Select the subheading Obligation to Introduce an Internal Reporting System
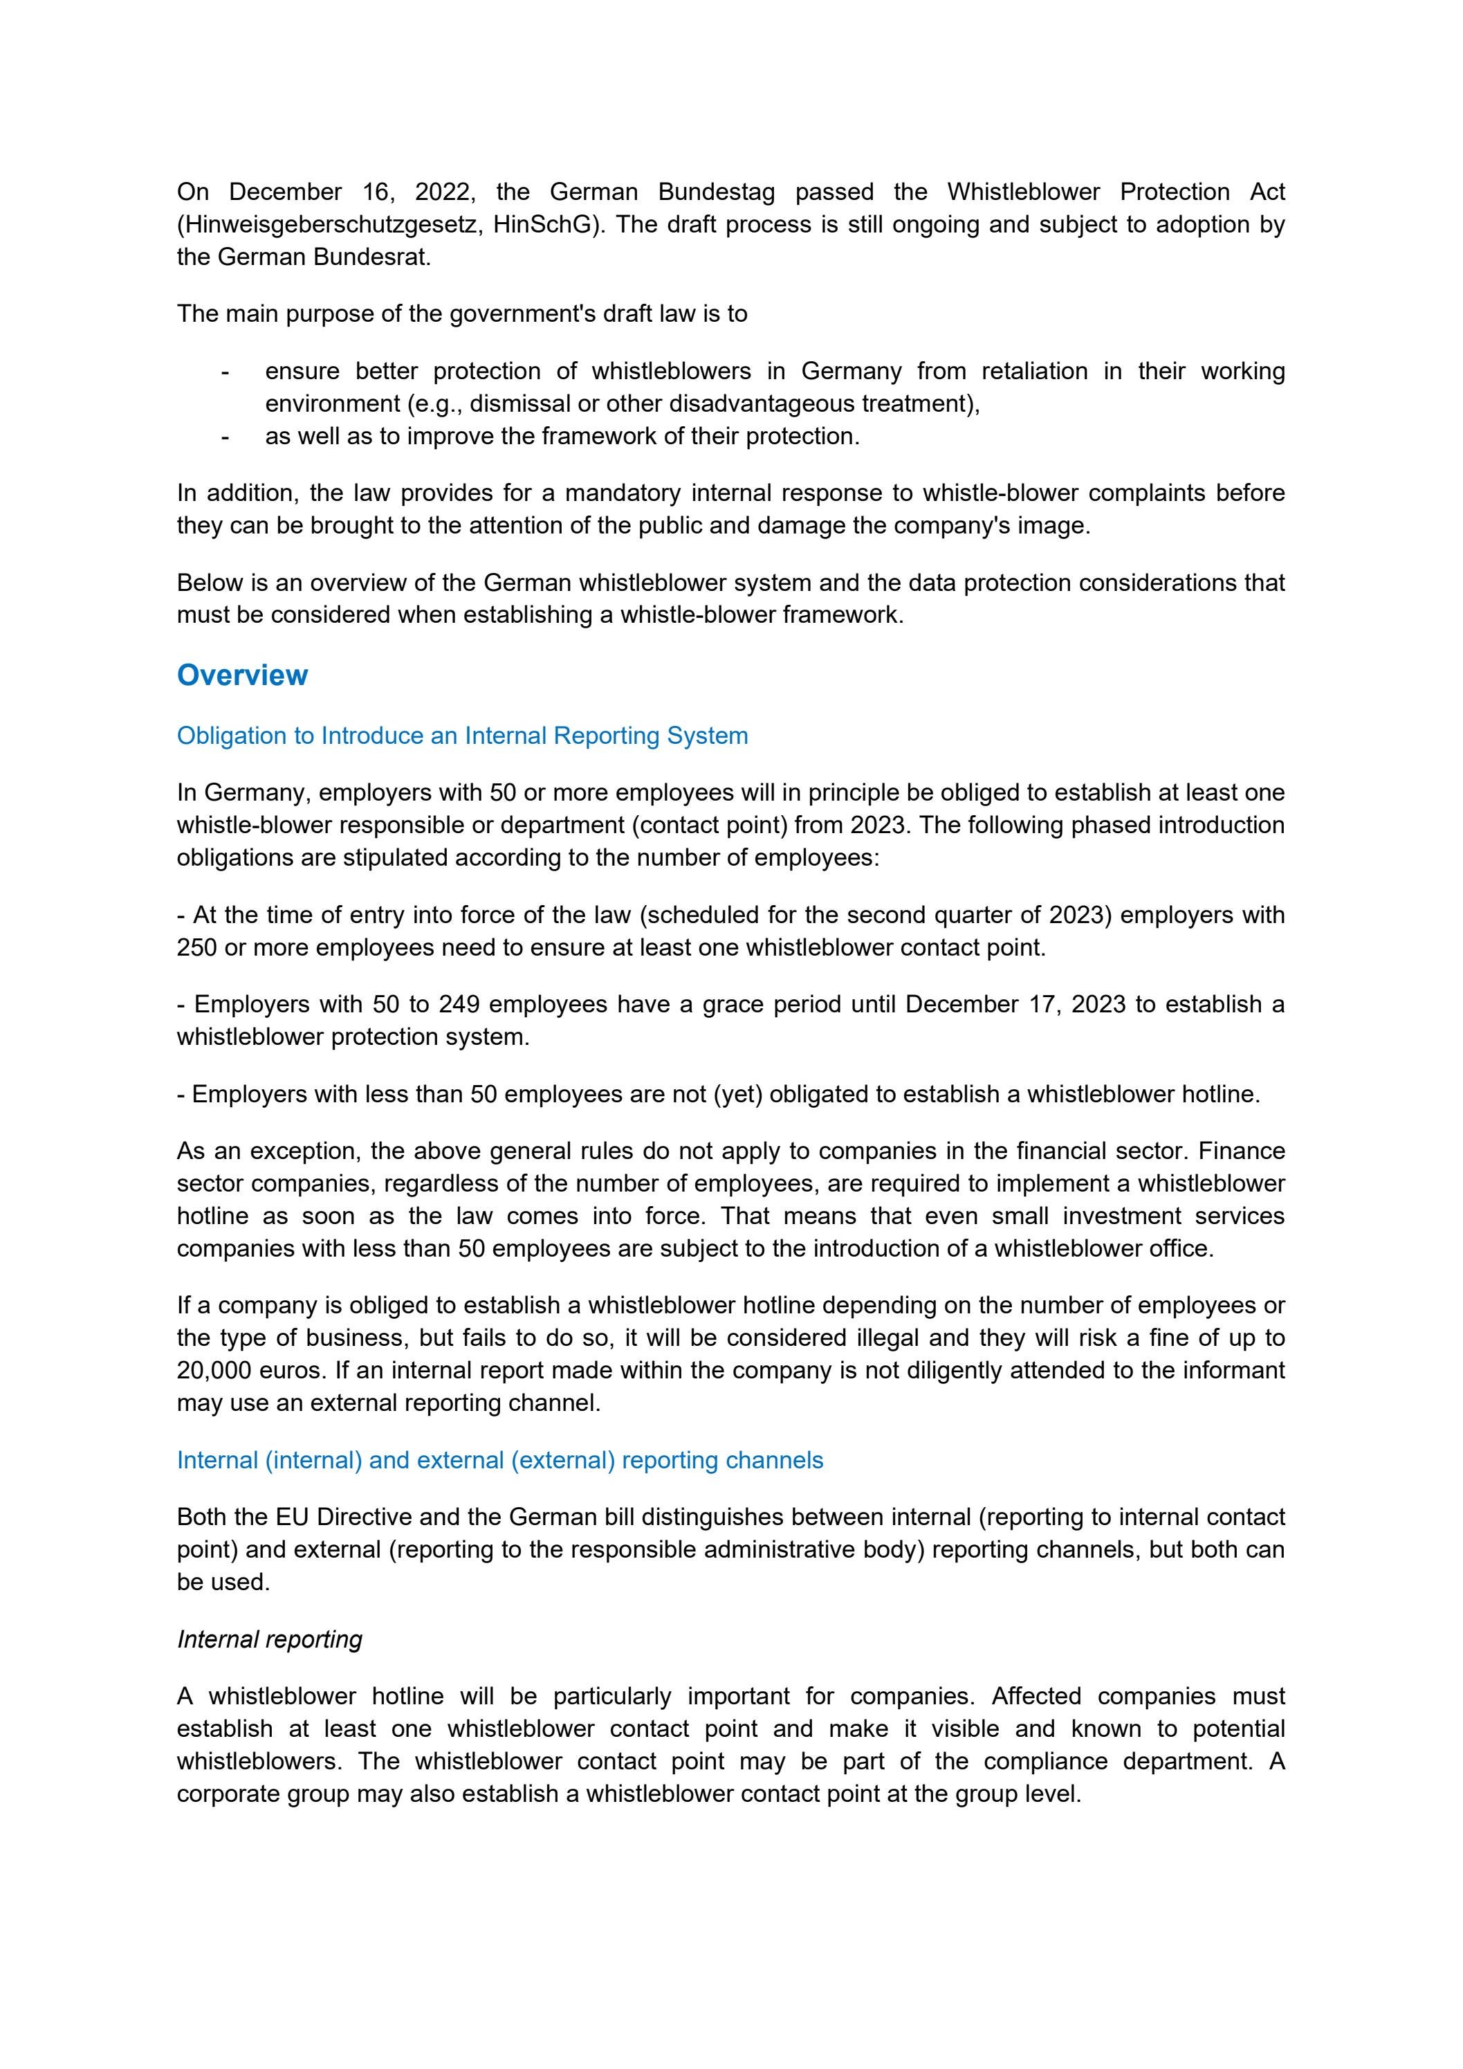pyautogui.click(x=462, y=736)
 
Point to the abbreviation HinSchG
pyautogui.click(x=544, y=224)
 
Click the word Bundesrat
pyautogui.click(x=371, y=257)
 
